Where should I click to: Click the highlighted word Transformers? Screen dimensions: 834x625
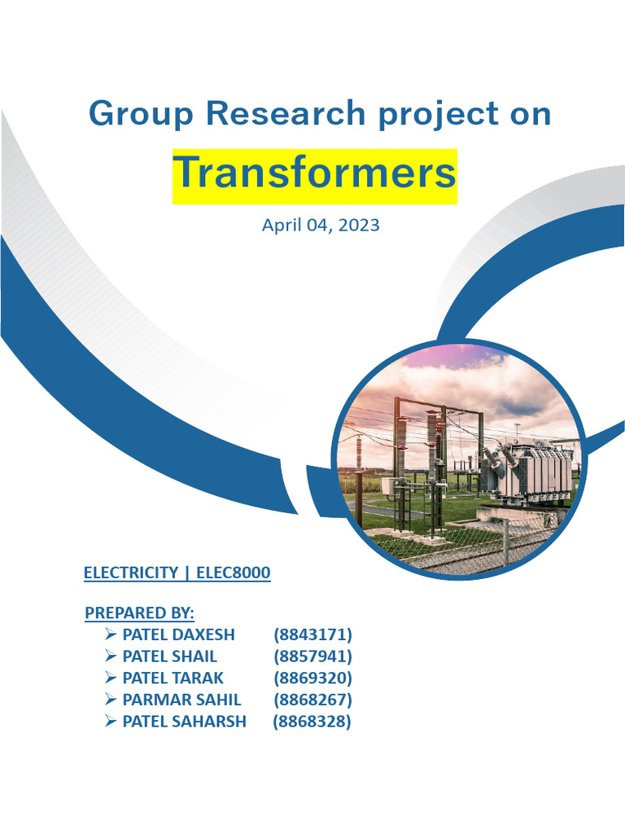(x=314, y=173)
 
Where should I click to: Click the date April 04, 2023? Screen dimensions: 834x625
(x=321, y=225)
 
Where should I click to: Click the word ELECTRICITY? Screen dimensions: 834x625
(x=131, y=573)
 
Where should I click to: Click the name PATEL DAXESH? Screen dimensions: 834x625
(x=178, y=634)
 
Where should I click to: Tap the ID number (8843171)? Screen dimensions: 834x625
(x=312, y=634)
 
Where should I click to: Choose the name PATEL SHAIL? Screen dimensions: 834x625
(x=169, y=656)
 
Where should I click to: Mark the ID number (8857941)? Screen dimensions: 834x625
(x=312, y=656)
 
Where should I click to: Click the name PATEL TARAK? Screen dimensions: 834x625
(x=173, y=678)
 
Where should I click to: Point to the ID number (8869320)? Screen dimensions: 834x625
(x=312, y=678)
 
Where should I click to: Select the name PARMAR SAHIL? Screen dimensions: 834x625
(x=181, y=700)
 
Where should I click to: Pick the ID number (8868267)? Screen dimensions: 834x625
(x=312, y=700)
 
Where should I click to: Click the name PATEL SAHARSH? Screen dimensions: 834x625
(x=184, y=722)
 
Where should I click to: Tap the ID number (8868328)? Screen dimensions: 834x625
(x=312, y=722)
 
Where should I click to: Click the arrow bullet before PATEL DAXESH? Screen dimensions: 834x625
(x=111, y=634)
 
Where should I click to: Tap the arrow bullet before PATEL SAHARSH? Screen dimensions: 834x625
(x=111, y=721)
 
